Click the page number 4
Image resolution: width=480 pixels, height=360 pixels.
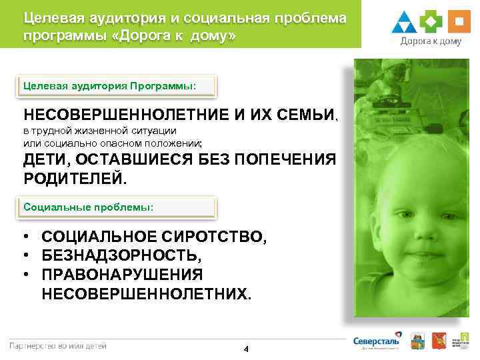point(246,349)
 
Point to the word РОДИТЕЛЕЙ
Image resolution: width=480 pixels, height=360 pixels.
point(74,179)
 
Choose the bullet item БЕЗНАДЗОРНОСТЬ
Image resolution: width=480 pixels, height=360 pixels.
point(120,255)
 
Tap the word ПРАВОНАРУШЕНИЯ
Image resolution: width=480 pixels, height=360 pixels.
point(122,275)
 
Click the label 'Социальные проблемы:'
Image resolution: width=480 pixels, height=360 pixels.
point(89,207)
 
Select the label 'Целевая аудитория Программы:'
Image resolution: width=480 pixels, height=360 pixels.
point(110,86)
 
